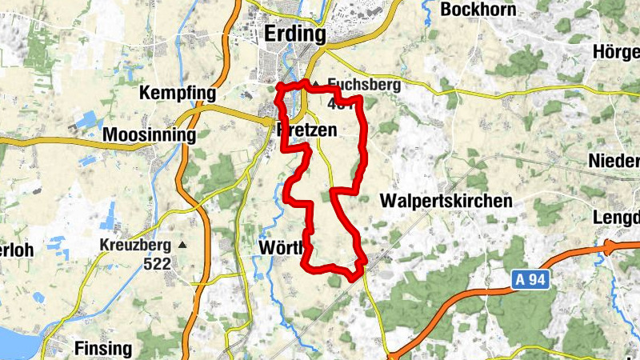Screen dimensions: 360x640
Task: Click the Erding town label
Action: (x=295, y=34)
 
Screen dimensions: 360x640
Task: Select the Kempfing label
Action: (x=178, y=94)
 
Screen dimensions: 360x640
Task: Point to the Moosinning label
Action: (x=150, y=134)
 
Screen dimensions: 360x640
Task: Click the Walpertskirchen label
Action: (x=446, y=201)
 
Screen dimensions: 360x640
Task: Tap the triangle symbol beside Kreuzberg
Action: (x=183, y=244)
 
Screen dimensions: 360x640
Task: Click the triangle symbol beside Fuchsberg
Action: (x=316, y=83)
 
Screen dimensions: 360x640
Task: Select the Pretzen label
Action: (x=306, y=130)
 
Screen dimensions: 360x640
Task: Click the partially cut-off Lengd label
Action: (x=617, y=218)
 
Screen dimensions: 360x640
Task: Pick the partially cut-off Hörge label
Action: (x=617, y=52)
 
